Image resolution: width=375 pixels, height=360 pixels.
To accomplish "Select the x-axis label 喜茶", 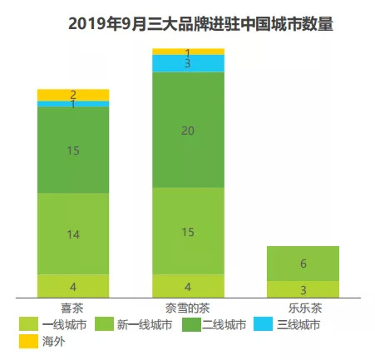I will (x=72, y=306).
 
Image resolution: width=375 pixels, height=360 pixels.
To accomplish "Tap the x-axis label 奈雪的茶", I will (x=188, y=306).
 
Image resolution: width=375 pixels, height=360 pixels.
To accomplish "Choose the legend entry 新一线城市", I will (x=140, y=324).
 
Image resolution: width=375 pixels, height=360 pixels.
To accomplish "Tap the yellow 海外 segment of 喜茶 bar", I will (x=73, y=95).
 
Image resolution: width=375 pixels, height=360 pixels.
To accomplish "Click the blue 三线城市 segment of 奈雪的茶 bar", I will (x=188, y=63).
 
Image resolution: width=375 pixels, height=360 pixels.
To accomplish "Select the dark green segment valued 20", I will (x=188, y=130).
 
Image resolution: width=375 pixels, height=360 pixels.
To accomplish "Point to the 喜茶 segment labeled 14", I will (x=73, y=234).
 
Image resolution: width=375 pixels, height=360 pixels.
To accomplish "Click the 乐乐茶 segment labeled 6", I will (x=303, y=264).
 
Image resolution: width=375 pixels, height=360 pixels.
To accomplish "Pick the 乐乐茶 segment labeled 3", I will (x=303, y=289).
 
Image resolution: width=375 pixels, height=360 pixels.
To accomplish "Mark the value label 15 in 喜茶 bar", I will (x=73, y=150).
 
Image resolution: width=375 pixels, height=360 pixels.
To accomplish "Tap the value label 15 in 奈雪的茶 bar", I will (x=188, y=231).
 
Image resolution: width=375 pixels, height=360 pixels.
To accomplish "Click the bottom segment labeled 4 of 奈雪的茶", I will (x=188, y=285).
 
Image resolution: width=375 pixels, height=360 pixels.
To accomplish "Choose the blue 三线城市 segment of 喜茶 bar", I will (x=73, y=104).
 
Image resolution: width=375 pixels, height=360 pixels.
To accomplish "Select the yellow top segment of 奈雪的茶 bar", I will (x=188, y=52).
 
